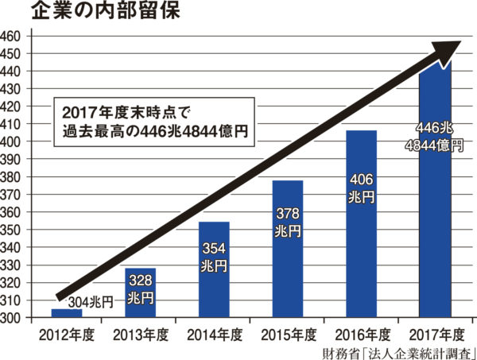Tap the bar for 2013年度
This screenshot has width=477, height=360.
pyautogui.click(x=140, y=293)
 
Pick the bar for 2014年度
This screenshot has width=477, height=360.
pyautogui.click(x=214, y=270)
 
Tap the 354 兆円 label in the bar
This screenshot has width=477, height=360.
pyautogui.click(x=214, y=256)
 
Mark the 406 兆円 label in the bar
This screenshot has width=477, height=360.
pyautogui.click(x=361, y=188)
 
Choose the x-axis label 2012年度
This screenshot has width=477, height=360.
pyautogui.click(x=66, y=333)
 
